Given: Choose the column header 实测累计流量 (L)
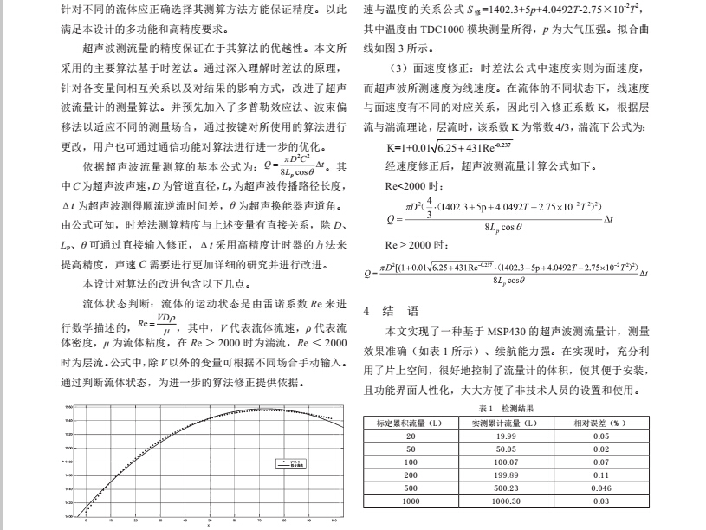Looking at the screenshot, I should (x=506, y=423).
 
